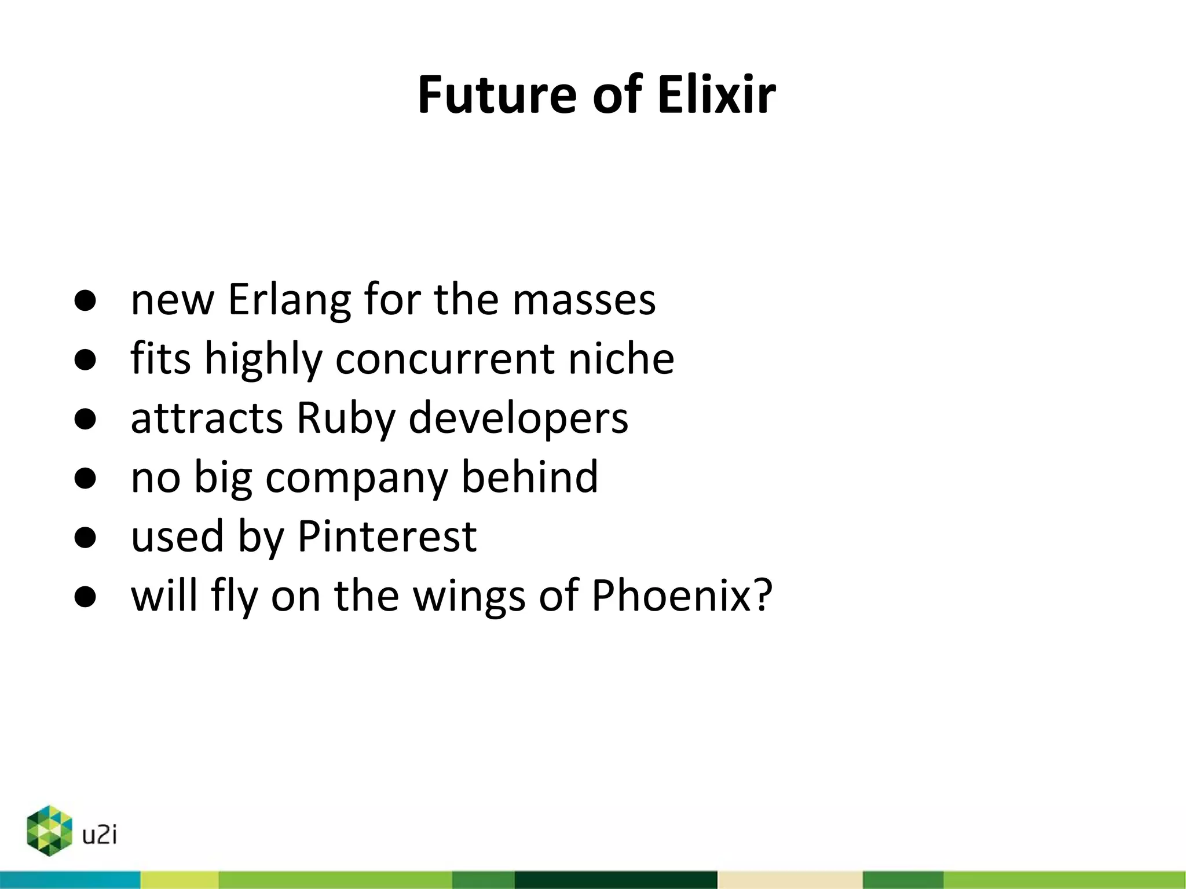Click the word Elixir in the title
716,94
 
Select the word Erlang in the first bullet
290,300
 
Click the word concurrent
445,359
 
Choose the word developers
518,418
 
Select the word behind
529,477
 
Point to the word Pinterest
387,537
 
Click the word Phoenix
671,595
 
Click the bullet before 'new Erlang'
85,301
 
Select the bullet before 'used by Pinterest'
85,538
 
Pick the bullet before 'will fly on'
85,597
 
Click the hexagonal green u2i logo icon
49,831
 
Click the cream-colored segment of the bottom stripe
790,880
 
